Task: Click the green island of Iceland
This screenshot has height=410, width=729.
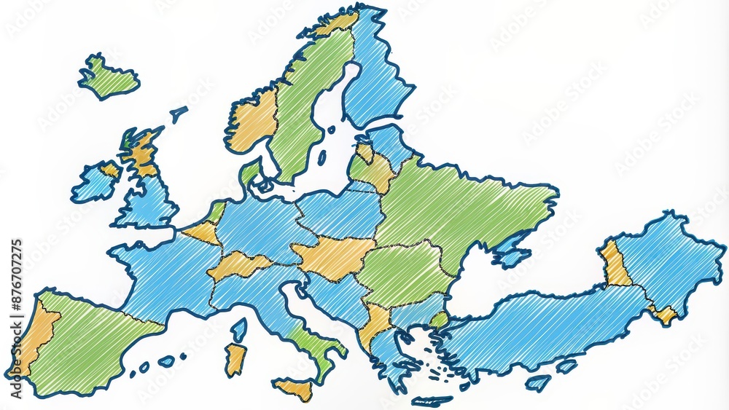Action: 107,77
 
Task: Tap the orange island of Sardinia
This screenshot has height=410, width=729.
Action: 234,358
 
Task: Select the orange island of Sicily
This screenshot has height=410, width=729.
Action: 295,389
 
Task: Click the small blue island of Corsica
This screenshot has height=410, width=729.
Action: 239,330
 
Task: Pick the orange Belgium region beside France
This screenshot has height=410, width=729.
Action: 203,232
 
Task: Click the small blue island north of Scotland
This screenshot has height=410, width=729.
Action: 178,113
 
